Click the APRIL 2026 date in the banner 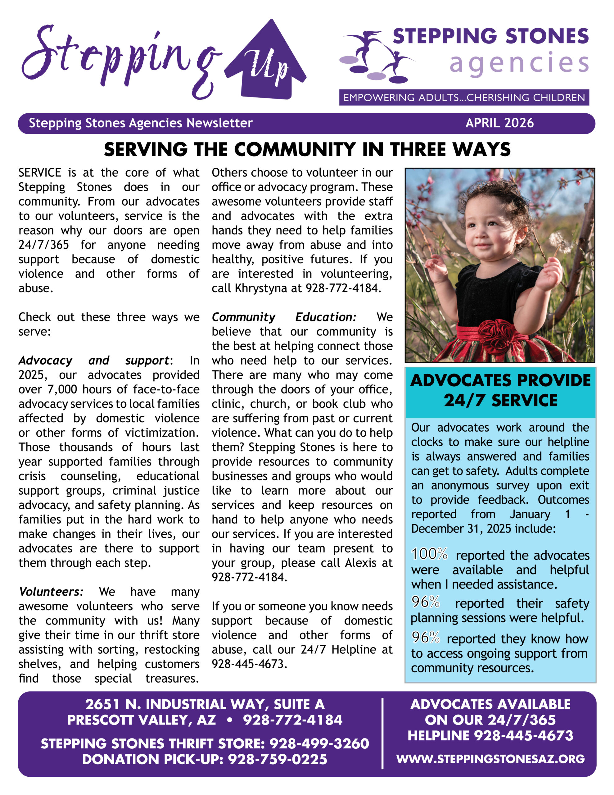click(x=499, y=123)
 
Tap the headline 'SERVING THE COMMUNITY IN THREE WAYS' click(x=307, y=149)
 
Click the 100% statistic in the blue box click(x=429, y=554)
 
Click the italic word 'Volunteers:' click(x=51, y=592)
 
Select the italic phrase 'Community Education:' click(x=284, y=317)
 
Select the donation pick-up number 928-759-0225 click(x=277, y=759)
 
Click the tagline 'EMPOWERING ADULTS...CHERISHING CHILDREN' click(x=464, y=98)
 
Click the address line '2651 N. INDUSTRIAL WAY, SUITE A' click(x=205, y=704)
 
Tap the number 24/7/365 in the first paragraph click(x=44, y=245)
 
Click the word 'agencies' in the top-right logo click(x=519, y=63)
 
